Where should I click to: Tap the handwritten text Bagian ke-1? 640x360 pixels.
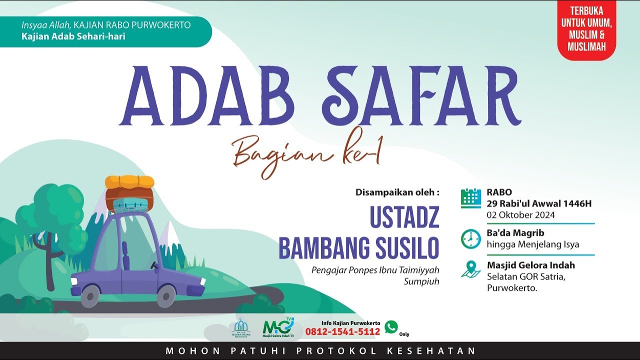point(306,154)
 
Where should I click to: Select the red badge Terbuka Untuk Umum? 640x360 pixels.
point(586,29)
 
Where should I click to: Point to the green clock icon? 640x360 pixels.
point(471,238)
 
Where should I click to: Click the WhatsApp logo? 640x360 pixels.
point(391,327)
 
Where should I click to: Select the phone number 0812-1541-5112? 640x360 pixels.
point(342,331)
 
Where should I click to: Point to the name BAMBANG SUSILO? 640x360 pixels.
point(358,248)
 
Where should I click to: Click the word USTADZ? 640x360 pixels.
point(404,217)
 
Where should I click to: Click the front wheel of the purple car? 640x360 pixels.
point(166,297)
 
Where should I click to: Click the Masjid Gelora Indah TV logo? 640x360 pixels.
point(278,327)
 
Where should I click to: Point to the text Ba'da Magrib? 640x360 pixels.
point(515,233)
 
